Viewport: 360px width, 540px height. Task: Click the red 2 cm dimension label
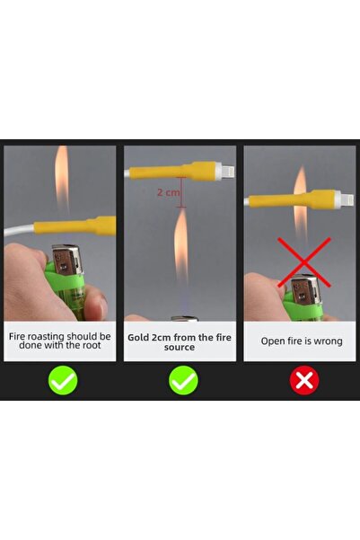click(168, 192)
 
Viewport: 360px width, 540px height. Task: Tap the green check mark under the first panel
click(63, 380)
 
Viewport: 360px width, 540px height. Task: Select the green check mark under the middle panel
click(183, 380)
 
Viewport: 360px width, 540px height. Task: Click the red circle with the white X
click(304, 380)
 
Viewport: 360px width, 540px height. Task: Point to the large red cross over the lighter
click(304, 262)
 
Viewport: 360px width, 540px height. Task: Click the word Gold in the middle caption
click(138, 338)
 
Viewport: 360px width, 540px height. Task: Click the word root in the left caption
click(91, 345)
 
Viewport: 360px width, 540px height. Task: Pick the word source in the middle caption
click(180, 347)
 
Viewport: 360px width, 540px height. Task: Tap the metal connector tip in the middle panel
click(227, 171)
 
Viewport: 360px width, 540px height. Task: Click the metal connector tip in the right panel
click(347, 199)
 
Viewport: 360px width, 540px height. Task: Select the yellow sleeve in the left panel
click(75, 226)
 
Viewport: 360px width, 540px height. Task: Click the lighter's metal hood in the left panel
click(68, 259)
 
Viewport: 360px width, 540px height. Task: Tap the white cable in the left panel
click(19, 231)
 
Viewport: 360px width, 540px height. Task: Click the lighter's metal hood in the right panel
click(305, 288)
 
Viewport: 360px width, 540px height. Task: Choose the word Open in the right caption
click(271, 341)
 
